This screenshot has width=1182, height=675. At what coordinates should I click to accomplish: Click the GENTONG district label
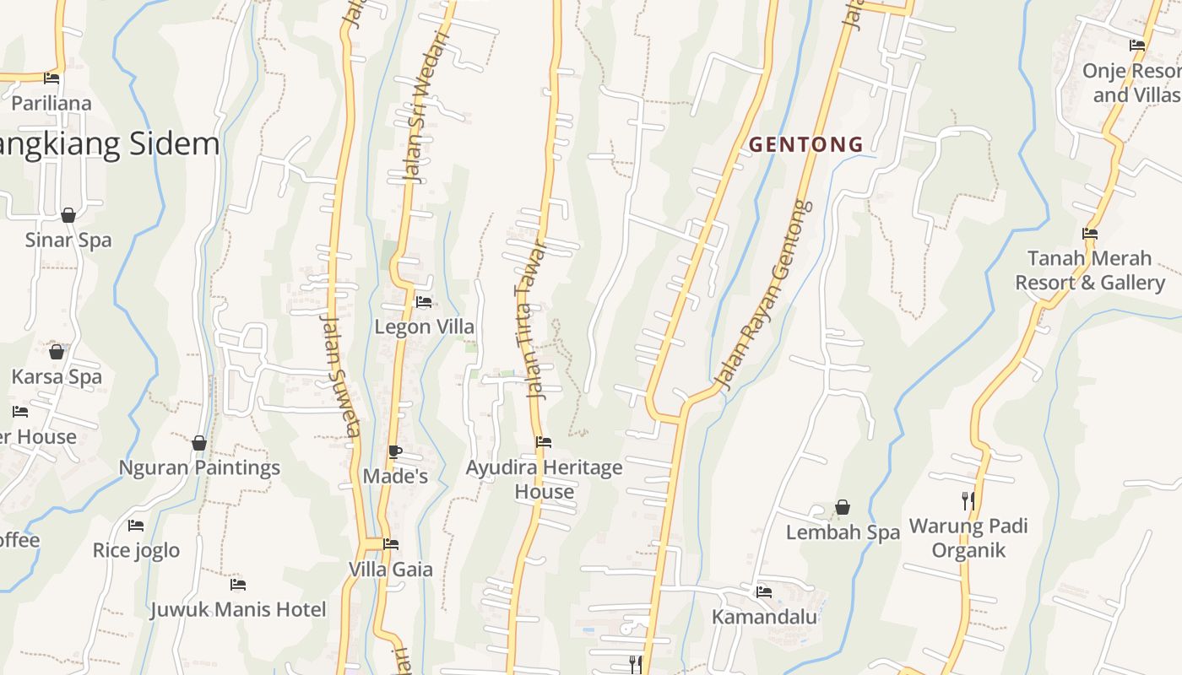pyautogui.click(x=806, y=144)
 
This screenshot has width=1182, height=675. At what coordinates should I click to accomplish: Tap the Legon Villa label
pyautogui.click(x=424, y=327)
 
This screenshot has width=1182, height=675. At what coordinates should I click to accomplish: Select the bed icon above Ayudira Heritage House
pyautogui.click(x=544, y=441)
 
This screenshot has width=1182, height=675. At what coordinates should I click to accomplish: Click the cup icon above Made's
pyautogui.click(x=394, y=451)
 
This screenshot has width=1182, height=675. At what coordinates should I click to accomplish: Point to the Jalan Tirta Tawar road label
pyautogui.click(x=531, y=321)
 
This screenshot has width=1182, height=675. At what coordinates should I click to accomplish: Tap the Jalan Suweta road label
pyautogui.click(x=341, y=375)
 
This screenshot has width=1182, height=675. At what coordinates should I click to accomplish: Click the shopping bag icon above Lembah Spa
pyautogui.click(x=842, y=507)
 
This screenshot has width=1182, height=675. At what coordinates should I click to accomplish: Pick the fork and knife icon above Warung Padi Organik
pyautogui.click(x=968, y=500)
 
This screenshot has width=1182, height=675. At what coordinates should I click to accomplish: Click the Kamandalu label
pyautogui.click(x=764, y=617)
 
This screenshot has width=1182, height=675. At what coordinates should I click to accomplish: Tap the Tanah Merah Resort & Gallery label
pyautogui.click(x=1089, y=270)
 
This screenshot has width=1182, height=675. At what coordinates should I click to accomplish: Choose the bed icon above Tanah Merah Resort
pyautogui.click(x=1089, y=234)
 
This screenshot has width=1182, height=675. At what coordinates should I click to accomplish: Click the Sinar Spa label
pyautogui.click(x=68, y=240)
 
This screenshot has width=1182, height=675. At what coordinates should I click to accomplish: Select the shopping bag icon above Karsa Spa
pyautogui.click(x=57, y=351)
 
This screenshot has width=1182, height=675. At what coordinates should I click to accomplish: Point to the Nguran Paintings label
pyautogui.click(x=199, y=467)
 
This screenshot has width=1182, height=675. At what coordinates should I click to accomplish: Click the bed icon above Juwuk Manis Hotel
pyautogui.click(x=238, y=584)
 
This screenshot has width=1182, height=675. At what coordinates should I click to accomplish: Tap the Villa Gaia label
pyautogui.click(x=391, y=570)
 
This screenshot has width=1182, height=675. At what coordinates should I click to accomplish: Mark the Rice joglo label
pyautogui.click(x=136, y=550)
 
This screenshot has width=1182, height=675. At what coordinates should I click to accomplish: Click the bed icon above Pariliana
pyautogui.click(x=52, y=78)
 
